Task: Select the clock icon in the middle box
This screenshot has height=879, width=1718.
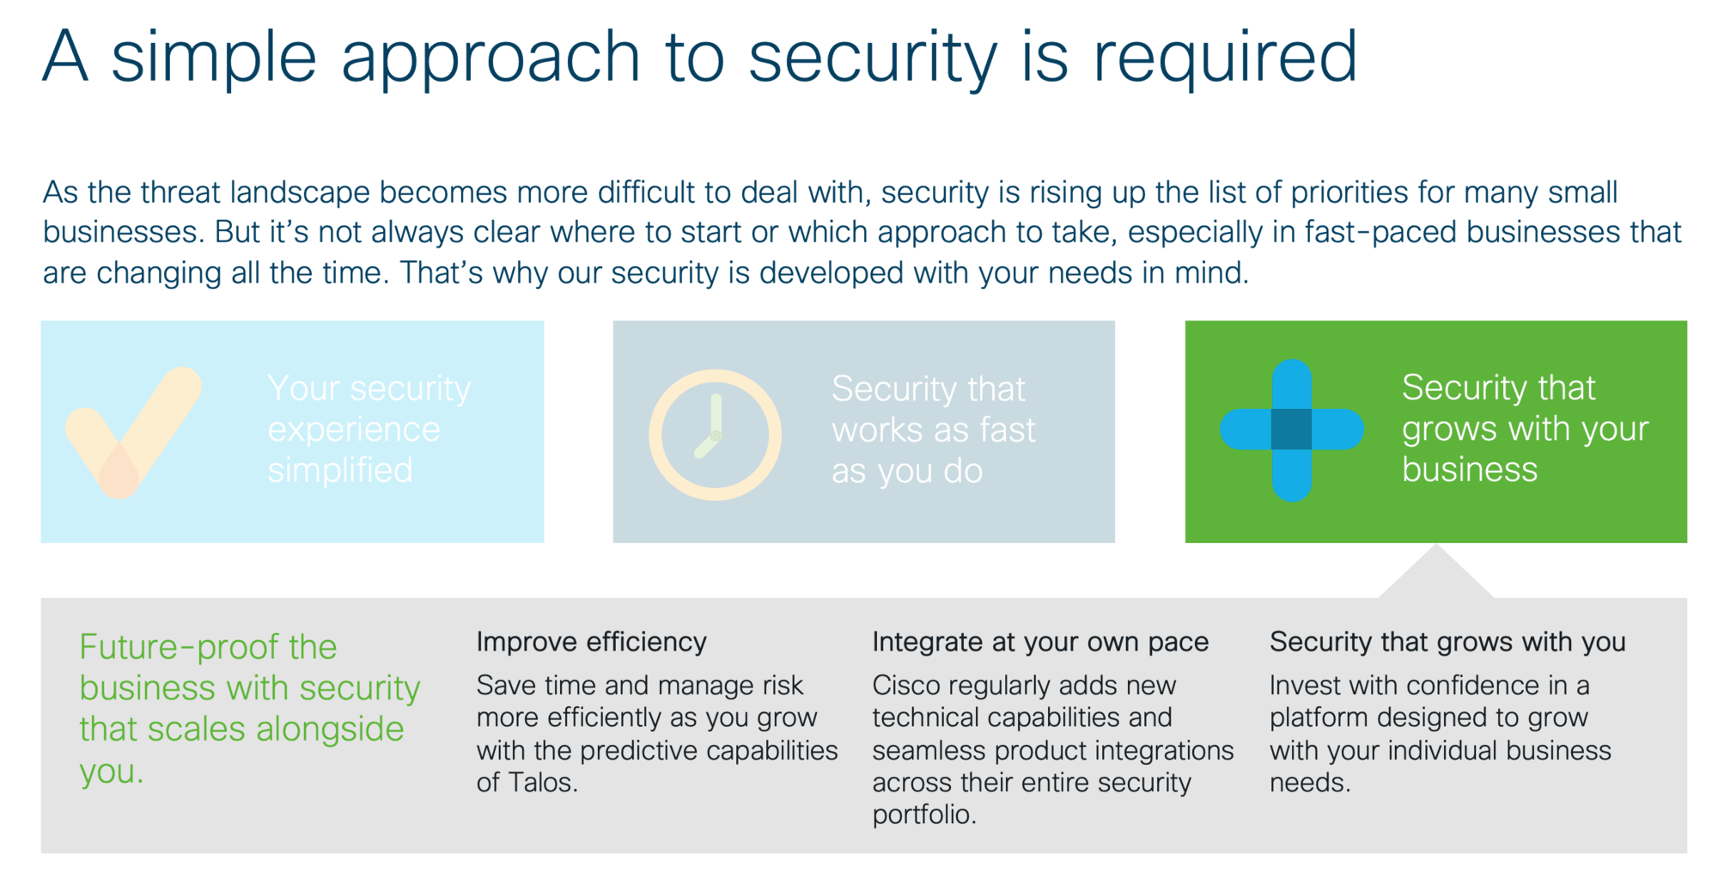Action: pos(715,435)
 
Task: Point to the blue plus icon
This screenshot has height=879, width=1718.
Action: pos(1291,430)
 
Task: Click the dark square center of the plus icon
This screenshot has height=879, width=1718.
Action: pos(1291,430)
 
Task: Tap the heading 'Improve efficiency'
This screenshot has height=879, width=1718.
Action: pos(591,642)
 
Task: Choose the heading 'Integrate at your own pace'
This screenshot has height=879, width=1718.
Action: pos(1040,642)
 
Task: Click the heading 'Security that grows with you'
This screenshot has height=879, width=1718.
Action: pos(1447,642)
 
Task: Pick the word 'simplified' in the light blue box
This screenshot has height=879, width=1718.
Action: pos(340,470)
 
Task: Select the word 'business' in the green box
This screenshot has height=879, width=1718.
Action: pos(1470,469)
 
